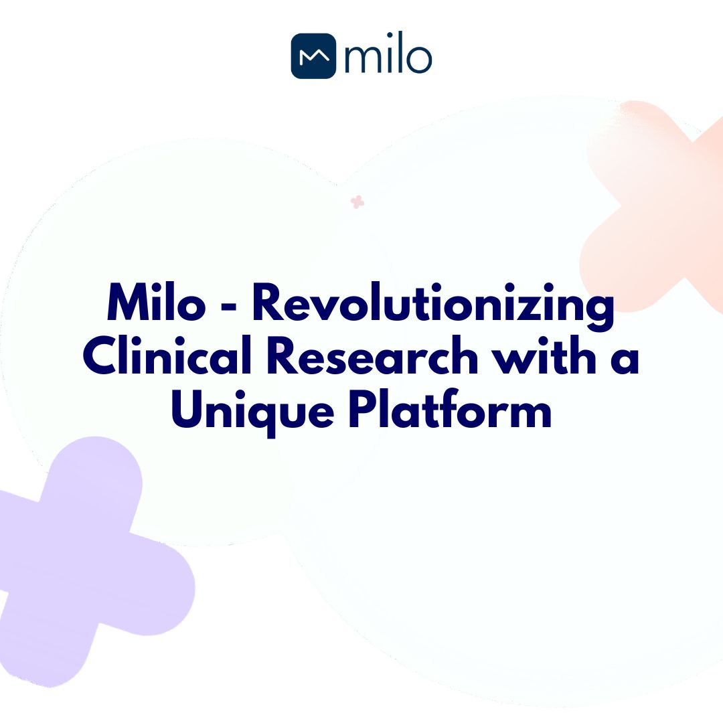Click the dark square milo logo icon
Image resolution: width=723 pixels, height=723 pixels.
click(313, 56)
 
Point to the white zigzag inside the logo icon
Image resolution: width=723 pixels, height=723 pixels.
click(313, 57)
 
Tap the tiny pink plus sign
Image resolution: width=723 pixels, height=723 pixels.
click(357, 202)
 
